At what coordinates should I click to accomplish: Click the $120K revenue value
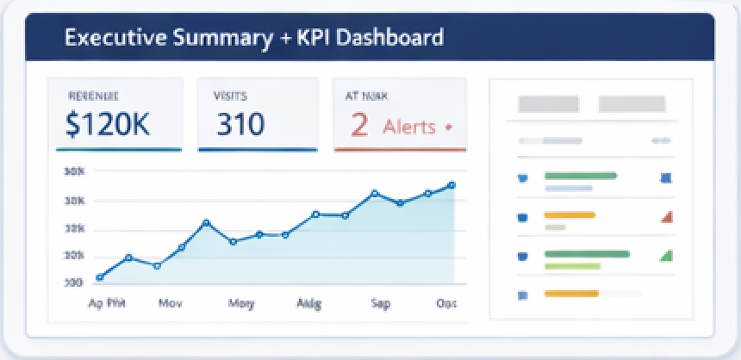point(108,126)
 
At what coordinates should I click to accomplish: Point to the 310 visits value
point(240,126)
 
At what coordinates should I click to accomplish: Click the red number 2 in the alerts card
point(359,126)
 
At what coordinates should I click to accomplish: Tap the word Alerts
point(410,127)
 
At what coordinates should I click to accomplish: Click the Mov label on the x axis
point(170,303)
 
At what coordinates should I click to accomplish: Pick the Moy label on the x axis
point(240,303)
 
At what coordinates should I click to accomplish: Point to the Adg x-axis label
point(308,303)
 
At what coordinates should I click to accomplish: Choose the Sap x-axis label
point(380,303)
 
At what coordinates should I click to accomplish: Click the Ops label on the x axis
point(447,303)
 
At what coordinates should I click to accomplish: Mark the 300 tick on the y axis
point(73,282)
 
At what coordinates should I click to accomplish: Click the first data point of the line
point(100,277)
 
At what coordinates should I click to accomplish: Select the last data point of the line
point(451,185)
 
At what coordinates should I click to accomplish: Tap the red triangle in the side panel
point(666,217)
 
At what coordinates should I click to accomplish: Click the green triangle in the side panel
point(665,256)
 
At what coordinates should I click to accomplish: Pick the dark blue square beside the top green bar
point(665,179)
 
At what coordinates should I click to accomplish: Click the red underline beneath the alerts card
point(400,150)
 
